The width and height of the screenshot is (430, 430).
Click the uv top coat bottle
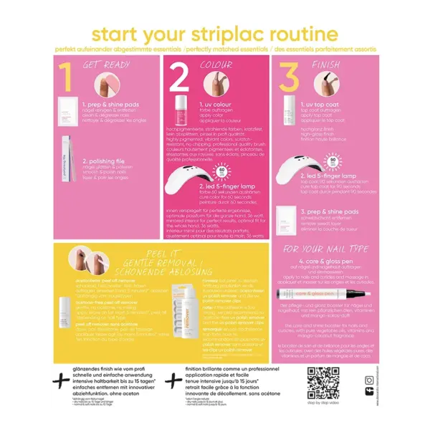pyautogui.click(x=290, y=108)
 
